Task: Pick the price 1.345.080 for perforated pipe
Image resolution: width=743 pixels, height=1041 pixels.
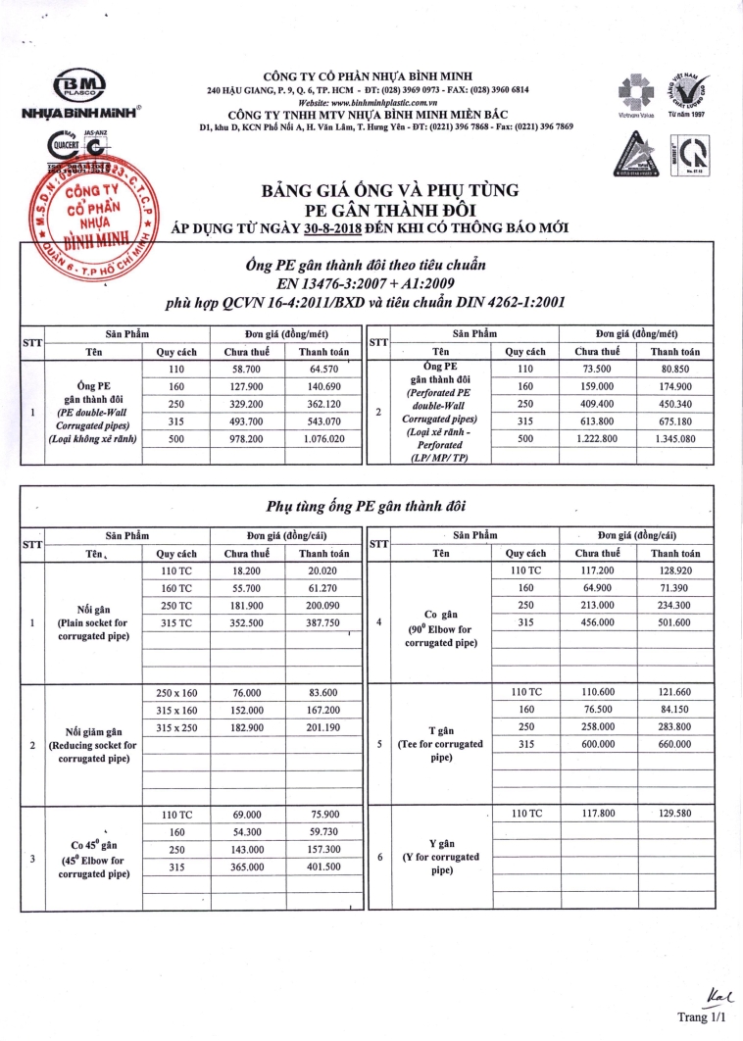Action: click(x=674, y=439)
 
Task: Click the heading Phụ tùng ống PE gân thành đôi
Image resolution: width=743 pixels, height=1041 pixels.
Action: click(x=368, y=506)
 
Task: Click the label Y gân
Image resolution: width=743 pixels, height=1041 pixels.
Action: click(x=442, y=843)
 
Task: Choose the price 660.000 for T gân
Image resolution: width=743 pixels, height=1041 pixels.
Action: click(x=674, y=744)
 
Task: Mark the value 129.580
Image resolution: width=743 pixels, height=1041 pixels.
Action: click(x=674, y=814)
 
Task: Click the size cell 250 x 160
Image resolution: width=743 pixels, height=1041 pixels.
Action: click(x=176, y=692)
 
